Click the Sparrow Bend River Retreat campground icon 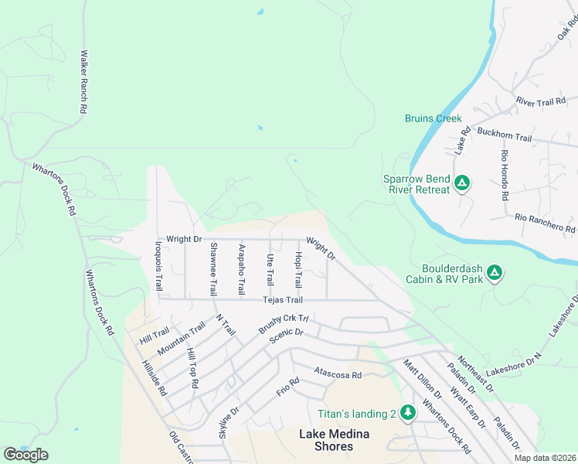(x=461, y=183)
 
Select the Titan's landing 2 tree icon (x=407, y=413)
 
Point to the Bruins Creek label (x=433, y=118)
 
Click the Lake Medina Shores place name (x=337, y=440)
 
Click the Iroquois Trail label (x=159, y=266)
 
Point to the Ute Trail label (x=270, y=268)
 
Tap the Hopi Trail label (x=298, y=267)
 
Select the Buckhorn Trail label (x=505, y=138)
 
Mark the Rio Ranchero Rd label (x=546, y=223)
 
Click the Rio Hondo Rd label (x=504, y=175)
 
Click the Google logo (x=26, y=455)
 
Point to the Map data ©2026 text (x=545, y=458)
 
